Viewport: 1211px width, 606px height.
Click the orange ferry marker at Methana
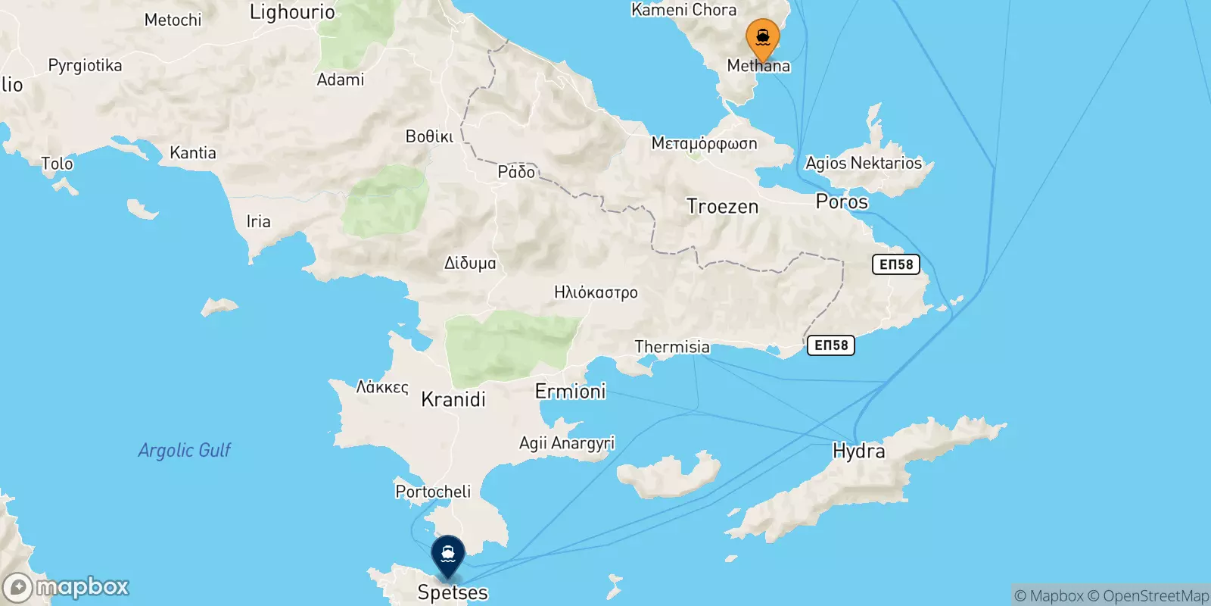click(762, 38)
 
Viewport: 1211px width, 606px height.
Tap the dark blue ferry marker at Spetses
click(448, 555)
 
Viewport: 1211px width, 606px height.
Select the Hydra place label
click(858, 451)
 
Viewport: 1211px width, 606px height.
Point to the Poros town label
click(842, 201)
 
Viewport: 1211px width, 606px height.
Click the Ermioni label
click(570, 391)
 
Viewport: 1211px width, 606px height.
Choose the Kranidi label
click(453, 399)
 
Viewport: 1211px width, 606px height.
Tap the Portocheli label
click(433, 492)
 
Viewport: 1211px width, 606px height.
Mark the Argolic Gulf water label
click(184, 450)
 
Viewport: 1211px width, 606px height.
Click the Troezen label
click(722, 206)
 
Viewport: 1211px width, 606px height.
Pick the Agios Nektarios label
click(864, 163)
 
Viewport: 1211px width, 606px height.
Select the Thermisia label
click(672, 347)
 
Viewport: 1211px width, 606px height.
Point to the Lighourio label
click(292, 12)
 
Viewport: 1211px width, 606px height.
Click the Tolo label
click(57, 164)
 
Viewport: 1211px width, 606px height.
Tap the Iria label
click(258, 221)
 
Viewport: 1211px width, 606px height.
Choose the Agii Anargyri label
click(567, 443)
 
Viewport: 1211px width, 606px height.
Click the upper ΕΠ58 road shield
click(896, 264)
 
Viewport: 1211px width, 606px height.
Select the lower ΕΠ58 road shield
click(831, 345)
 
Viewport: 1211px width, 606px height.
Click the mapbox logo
click(67, 587)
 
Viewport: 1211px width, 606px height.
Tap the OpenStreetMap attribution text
click(1156, 596)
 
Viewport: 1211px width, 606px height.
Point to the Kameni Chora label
click(683, 10)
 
